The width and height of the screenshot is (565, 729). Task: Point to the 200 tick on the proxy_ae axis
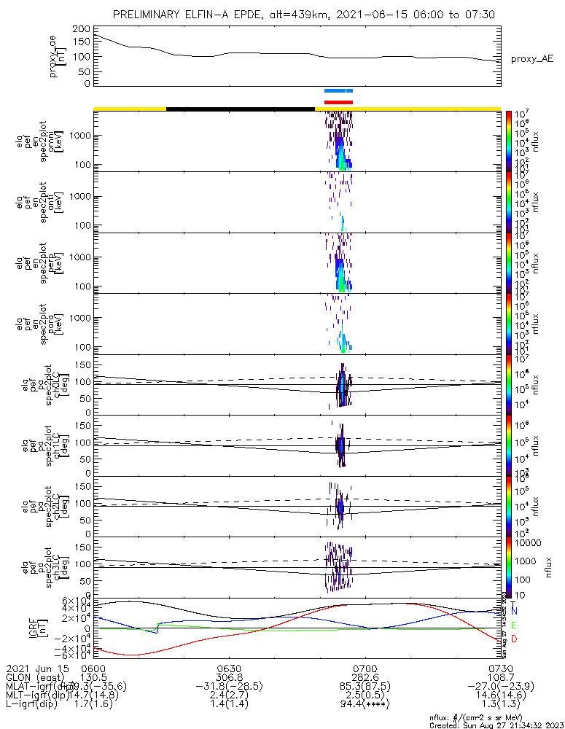85,28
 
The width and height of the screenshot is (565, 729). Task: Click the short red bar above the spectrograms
338,102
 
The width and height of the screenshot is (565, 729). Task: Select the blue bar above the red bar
338,90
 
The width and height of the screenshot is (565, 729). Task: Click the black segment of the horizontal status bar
241,109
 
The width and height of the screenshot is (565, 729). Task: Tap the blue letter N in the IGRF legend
515,611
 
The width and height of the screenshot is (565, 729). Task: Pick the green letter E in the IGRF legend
515,625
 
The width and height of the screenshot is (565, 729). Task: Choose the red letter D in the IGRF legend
515,639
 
